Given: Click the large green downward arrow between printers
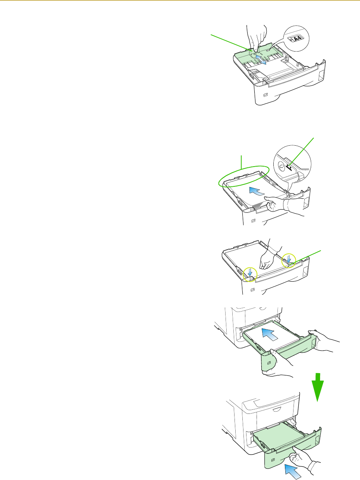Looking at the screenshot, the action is (317, 387).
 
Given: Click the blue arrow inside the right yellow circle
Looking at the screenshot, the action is (289, 259).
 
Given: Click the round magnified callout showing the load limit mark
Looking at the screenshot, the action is (292, 164).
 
